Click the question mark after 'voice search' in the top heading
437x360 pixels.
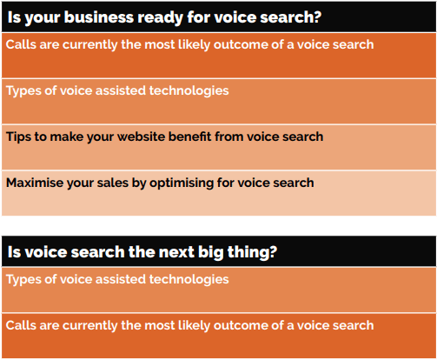(x=317, y=17)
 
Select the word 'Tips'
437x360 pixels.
(x=18, y=137)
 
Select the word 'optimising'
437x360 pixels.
(x=182, y=183)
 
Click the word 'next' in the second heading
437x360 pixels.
(x=176, y=252)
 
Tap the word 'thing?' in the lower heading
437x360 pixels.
(x=252, y=252)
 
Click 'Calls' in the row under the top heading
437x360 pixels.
(x=21, y=44)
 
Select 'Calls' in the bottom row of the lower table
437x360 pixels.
(x=21, y=325)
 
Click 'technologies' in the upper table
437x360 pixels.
(x=189, y=91)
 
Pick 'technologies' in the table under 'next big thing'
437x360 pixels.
(x=189, y=280)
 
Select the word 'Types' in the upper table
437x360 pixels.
(x=23, y=91)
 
